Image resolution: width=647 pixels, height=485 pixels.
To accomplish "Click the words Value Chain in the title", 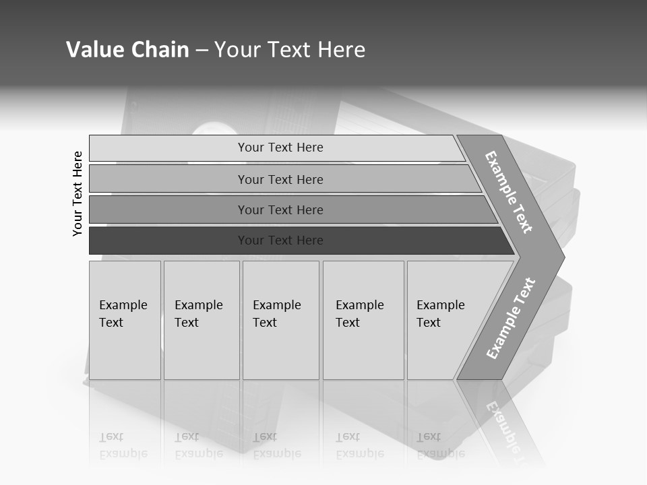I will (x=127, y=50).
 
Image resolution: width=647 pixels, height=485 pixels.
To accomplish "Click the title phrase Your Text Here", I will (x=290, y=50).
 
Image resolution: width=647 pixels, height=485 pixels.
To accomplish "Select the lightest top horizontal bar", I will (x=168, y=148).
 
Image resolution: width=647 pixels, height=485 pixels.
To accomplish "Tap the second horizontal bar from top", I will (x=168, y=179).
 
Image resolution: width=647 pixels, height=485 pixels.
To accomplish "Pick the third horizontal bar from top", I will (x=168, y=209).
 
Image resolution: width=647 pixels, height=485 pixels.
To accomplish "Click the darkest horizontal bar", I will (x=168, y=240).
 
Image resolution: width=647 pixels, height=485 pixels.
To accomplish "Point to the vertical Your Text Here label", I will (x=78, y=193).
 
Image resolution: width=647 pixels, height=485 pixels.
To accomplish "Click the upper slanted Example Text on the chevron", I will (x=509, y=192).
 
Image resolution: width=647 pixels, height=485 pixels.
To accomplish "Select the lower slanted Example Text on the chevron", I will (x=511, y=319).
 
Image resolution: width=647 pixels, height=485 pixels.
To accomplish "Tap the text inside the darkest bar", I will (x=280, y=240).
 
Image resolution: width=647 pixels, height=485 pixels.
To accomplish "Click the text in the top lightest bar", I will (x=280, y=148).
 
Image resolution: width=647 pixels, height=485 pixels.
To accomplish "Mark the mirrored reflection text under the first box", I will (x=123, y=445).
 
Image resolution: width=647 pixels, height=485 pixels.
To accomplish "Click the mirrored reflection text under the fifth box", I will (x=440, y=445).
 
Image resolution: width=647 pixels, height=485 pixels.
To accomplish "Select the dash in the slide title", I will (x=202, y=51).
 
